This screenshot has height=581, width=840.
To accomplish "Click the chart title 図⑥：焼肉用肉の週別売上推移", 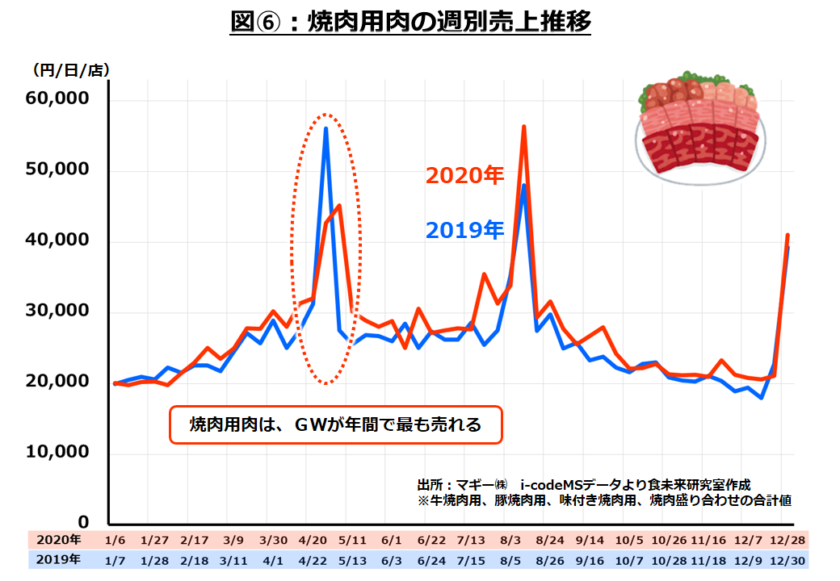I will pos(411,22).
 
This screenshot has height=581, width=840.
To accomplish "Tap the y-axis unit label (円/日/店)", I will pos(71,71).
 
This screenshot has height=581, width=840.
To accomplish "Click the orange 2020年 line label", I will pos(464,176).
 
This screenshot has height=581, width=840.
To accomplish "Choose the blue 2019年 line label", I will pos(464,231).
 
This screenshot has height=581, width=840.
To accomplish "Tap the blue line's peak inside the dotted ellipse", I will pos(325,128).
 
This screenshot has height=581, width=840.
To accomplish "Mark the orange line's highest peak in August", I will pos(523,127).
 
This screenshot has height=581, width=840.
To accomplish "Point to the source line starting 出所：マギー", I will pos(583,485).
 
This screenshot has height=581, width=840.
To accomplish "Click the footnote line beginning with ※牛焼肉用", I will pos(604,500).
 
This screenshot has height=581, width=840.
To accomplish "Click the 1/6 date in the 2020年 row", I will pos(116,540).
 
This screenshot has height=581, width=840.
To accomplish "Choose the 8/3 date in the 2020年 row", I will pos(510,540).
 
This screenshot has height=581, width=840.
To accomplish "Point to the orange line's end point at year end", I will pos(787,235).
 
